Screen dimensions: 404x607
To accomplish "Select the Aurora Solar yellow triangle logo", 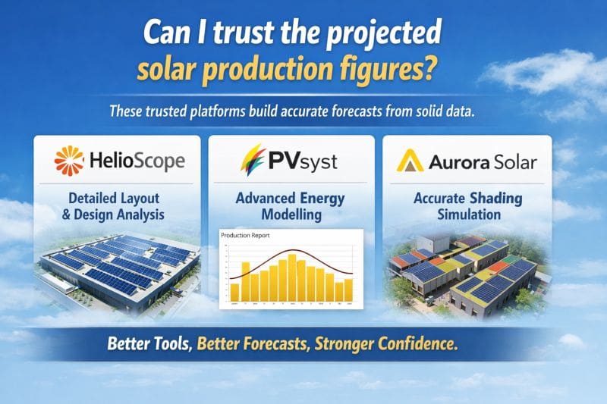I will (x=411, y=161).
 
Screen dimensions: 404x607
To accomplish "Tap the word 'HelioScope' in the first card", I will (x=137, y=161).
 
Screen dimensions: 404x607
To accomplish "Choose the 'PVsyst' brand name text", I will (x=303, y=161).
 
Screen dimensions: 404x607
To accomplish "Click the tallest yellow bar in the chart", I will (x=292, y=277).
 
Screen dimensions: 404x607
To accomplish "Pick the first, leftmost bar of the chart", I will (x=234, y=292).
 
